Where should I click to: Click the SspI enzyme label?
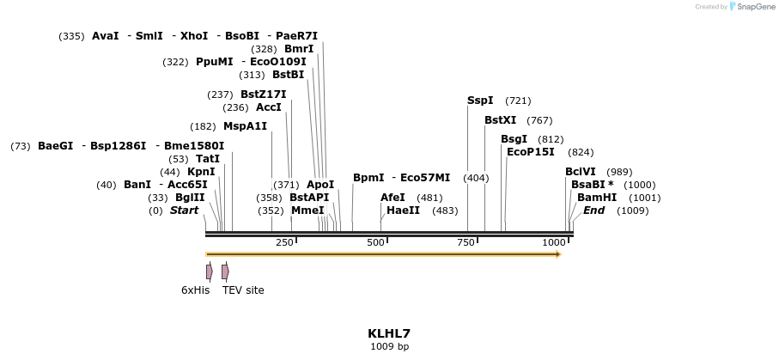click(480, 101)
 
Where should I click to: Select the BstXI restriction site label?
click(500, 120)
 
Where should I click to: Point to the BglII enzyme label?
click(190, 198)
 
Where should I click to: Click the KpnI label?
click(201, 172)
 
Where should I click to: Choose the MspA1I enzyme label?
click(245, 126)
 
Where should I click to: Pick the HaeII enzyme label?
click(403, 211)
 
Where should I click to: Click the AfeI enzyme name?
click(393, 198)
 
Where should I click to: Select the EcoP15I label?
click(531, 152)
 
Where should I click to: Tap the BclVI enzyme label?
click(580, 172)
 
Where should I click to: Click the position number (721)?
click(518, 101)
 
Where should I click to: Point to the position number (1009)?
click(633, 211)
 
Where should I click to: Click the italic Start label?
click(184, 211)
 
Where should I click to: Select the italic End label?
click(594, 211)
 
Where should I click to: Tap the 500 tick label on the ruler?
click(375, 243)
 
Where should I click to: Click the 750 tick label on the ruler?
click(466, 243)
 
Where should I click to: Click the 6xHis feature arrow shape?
click(209, 272)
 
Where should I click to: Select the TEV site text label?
click(243, 290)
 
